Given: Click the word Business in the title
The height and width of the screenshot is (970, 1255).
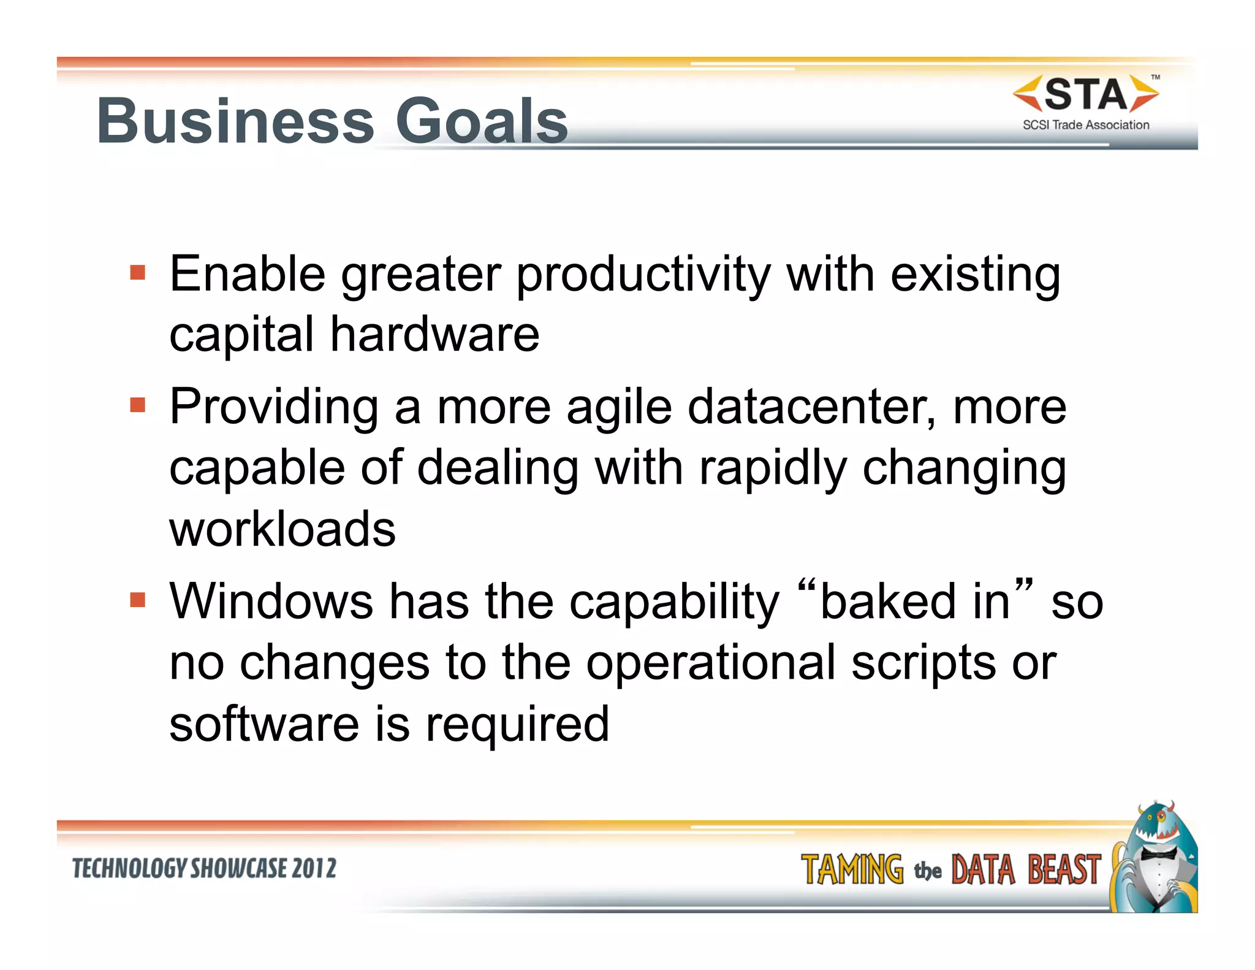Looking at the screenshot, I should [236, 121].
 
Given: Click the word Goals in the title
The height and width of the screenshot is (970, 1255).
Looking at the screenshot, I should [482, 121].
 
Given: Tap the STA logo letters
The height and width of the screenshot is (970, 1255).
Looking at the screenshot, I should [1085, 95].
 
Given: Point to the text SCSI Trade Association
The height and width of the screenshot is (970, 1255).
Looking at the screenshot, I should [1086, 125].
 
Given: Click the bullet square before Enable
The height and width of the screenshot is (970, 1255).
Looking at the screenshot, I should [138, 272].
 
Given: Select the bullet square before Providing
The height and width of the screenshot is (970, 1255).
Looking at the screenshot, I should [138, 405].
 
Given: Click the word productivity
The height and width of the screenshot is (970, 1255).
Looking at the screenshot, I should [643, 275].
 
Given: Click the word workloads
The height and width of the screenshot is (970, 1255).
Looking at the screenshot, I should [282, 529].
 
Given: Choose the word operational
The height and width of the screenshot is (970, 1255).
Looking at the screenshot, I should [711, 663].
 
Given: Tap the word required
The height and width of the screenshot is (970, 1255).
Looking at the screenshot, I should [517, 724].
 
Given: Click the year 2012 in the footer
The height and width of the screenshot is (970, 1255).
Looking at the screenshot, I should [314, 869].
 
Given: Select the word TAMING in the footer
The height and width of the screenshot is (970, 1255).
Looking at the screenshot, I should [852, 870].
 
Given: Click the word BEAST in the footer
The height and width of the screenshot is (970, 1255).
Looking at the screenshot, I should [1064, 870].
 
